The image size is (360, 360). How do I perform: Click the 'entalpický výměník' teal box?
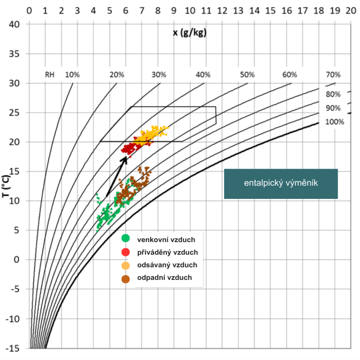tap(281, 184)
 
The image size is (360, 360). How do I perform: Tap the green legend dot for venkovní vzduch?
tap(126, 239)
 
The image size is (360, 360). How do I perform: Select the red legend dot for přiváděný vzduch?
tap(126, 252)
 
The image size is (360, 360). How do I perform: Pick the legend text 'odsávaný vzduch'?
tap(167, 265)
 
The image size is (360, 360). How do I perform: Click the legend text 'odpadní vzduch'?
tap(164, 277)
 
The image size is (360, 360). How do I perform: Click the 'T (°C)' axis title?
tap(6, 196)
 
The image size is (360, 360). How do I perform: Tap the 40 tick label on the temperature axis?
tap(16, 24)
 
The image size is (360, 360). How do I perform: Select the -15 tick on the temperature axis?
tap(15, 348)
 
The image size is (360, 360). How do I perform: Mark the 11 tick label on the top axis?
tap(206, 10)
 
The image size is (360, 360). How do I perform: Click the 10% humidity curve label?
tap(72, 75)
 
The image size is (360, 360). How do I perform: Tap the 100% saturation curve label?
tap(334, 121)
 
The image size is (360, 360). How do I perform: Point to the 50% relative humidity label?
tap(247, 75)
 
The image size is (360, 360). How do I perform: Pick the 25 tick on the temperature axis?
tap(16, 112)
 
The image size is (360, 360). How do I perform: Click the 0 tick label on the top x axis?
tap(29, 10)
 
